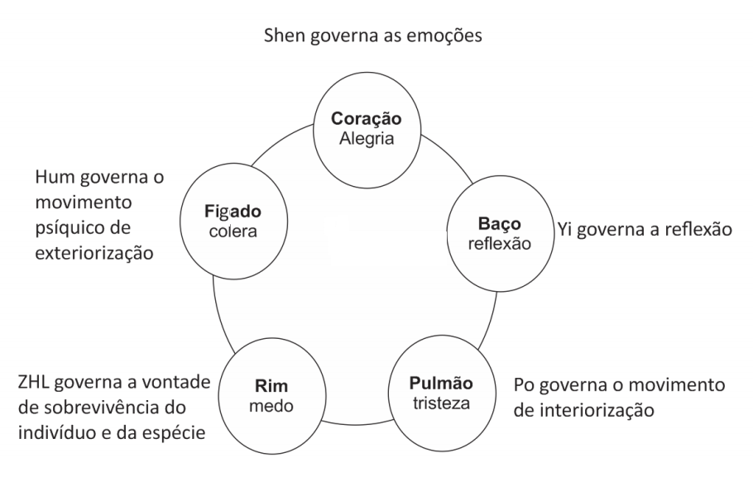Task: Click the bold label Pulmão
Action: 442,383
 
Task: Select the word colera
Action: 233,232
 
